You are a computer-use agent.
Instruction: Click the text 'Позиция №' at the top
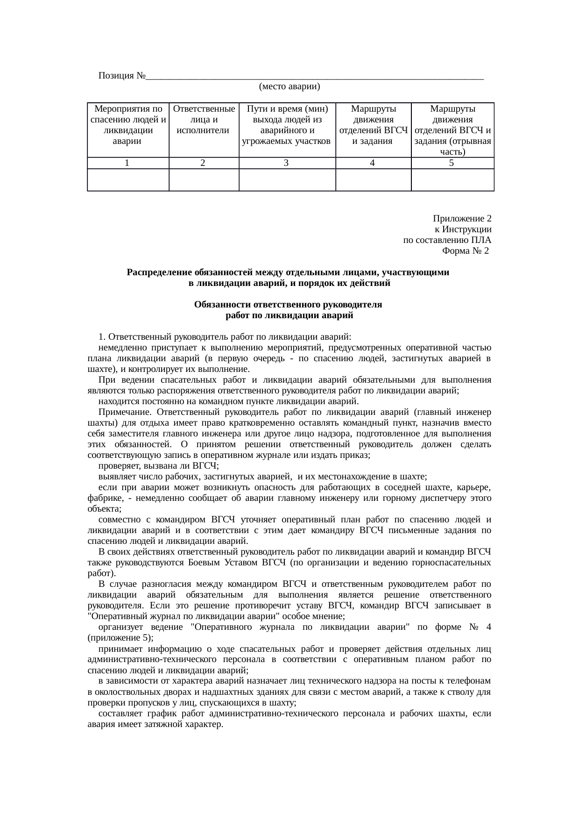(x=122, y=76)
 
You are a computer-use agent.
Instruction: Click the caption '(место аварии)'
(x=289, y=86)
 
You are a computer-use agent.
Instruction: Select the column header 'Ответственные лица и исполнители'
(x=204, y=120)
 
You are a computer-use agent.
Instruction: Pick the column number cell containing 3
(x=287, y=163)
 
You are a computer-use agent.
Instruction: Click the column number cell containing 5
(x=452, y=163)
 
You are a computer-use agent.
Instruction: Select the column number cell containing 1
(x=127, y=163)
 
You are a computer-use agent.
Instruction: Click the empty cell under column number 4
(x=373, y=180)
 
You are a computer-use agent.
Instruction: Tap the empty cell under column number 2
(x=204, y=180)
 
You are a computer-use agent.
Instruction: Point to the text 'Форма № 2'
(x=465, y=251)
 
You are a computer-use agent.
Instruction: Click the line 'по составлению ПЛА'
(x=447, y=240)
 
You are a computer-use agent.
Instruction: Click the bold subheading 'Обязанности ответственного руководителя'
(x=288, y=305)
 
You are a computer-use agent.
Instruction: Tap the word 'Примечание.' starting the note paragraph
(x=125, y=413)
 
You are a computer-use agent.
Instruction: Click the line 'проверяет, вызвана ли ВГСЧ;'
(x=159, y=466)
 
